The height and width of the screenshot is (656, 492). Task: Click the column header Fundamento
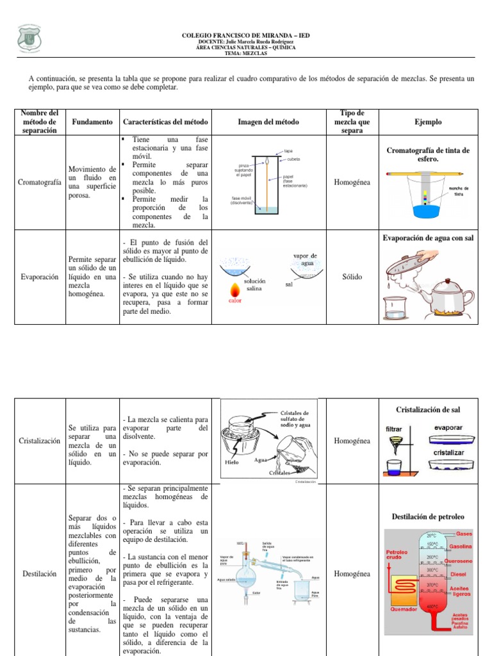[93, 122]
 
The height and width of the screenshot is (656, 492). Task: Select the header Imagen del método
[268, 122]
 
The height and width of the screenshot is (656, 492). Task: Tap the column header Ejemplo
[428, 122]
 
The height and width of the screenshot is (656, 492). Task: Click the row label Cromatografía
[40, 183]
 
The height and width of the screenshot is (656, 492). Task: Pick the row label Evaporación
[40, 277]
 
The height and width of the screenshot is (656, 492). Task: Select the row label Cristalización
[40, 441]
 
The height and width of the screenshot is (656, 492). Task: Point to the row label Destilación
[40, 574]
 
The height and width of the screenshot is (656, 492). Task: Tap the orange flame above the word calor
[235, 286]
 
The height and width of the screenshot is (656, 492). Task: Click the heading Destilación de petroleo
[428, 516]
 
